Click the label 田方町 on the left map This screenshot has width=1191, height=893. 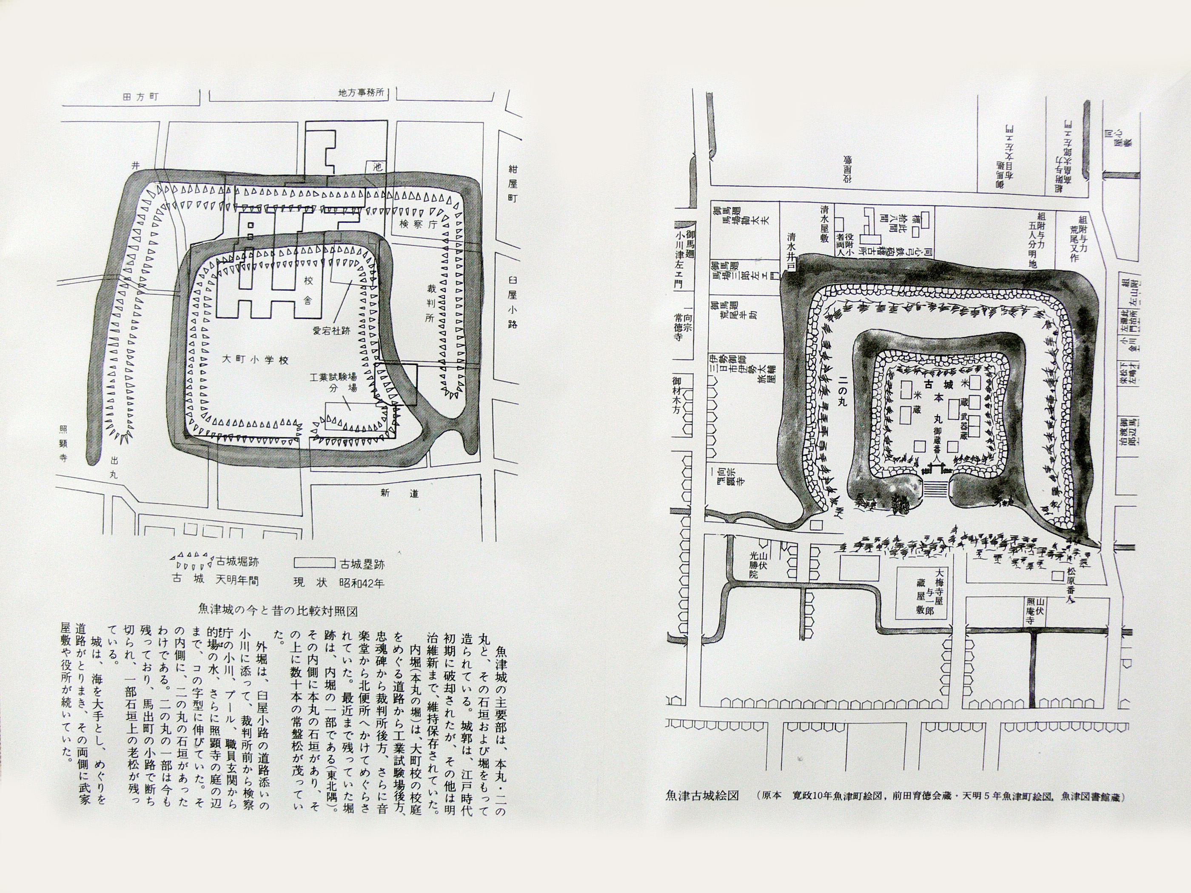point(141,97)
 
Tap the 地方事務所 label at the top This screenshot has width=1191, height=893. point(360,93)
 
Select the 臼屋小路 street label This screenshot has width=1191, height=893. point(512,302)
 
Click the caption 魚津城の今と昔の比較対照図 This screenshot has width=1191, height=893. point(277,610)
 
